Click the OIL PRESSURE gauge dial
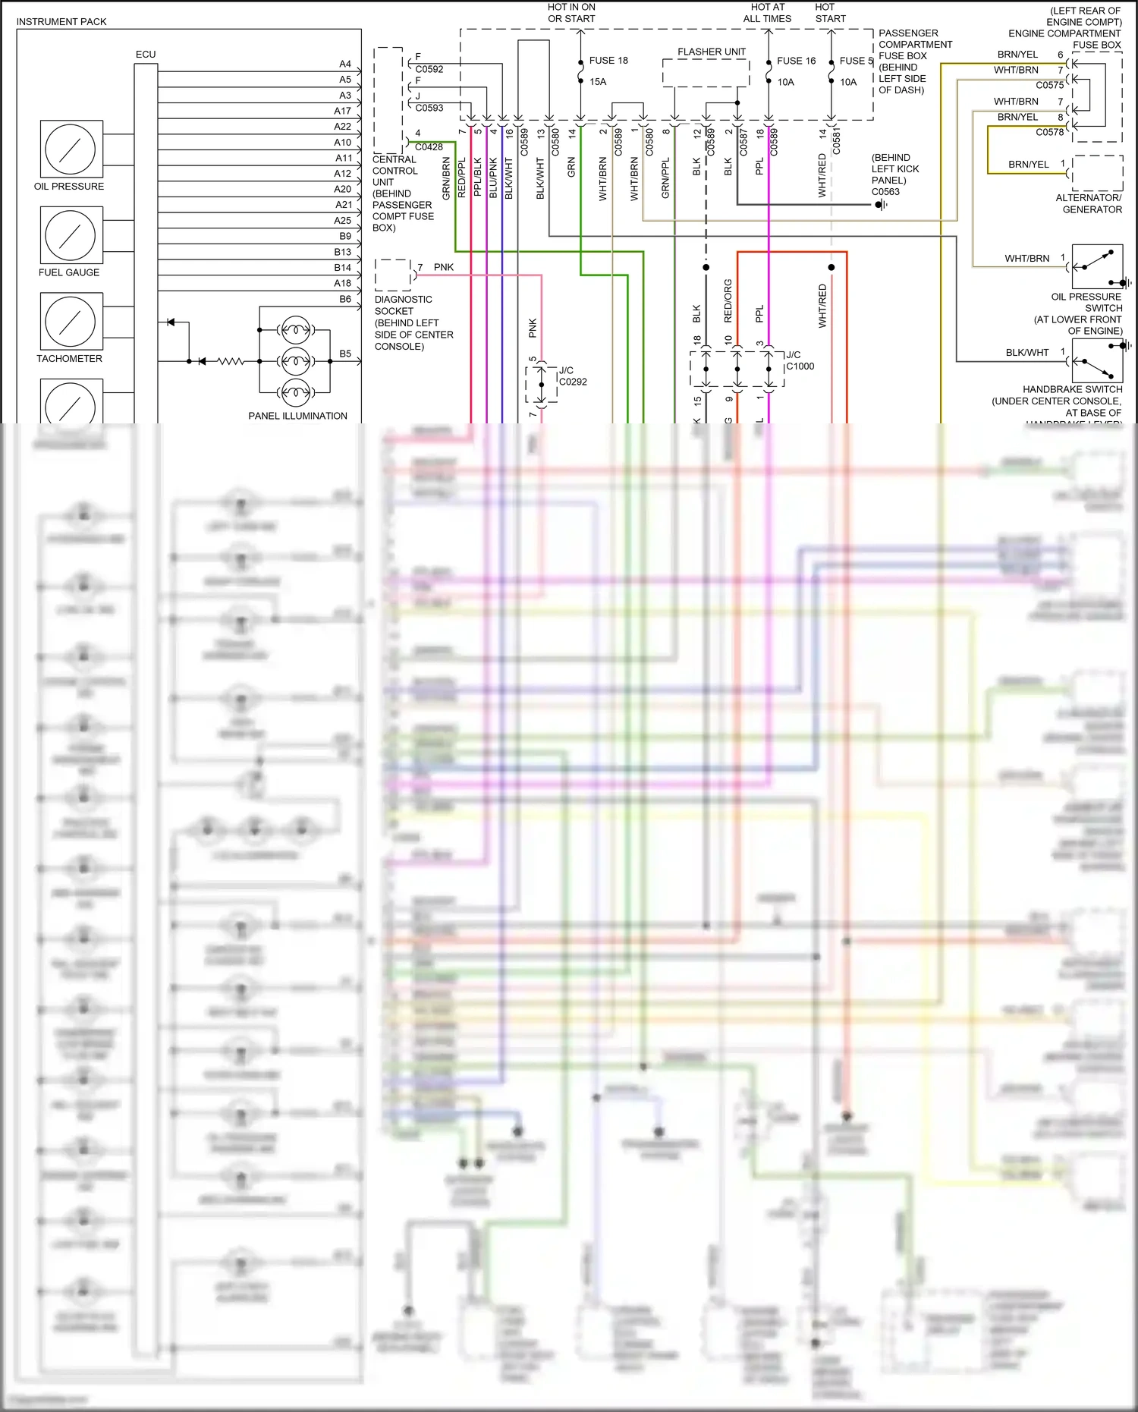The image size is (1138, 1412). click(70, 149)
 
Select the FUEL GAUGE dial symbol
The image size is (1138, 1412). click(70, 235)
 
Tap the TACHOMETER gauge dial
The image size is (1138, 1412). click(70, 322)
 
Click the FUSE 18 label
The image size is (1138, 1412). click(608, 61)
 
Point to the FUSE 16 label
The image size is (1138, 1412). click(796, 61)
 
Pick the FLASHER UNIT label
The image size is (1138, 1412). click(712, 52)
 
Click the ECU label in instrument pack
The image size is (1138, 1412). click(146, 55)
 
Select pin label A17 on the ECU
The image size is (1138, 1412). click(343, 111)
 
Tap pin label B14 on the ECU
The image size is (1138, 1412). click(343, 268)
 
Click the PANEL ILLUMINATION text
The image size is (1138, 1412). click(297, 416)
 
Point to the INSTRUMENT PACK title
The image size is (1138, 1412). click(61, 22)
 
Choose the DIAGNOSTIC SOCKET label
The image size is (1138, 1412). click(404, 305)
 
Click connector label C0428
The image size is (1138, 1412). click(429, 147)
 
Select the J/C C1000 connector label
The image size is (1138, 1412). click(800, 360)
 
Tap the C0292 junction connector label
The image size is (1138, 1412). click(573, 382)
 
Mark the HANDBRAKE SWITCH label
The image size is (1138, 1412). click(1072, 389)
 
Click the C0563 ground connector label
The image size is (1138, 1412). click(885, 192)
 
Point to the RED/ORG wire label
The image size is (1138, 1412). click(728, 300)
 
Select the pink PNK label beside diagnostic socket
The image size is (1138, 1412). click(444, 267)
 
